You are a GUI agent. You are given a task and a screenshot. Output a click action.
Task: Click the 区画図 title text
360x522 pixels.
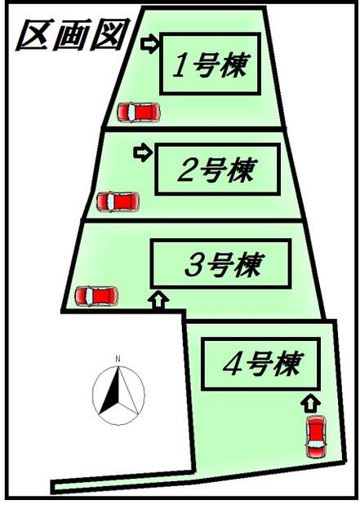pyautogui.click(x=73, y=34)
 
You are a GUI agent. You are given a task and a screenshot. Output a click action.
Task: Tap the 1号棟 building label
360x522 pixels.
pyautogui.click(x=211, y=65)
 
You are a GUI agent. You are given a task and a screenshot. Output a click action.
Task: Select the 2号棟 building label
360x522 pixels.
pyautogui.click(x=217, y=170)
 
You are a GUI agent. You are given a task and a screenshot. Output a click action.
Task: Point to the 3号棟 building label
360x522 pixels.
pyautogui.click(x=224, y=264)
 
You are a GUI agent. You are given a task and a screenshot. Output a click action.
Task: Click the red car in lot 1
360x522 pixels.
pyautogui.click(x=139, y=112)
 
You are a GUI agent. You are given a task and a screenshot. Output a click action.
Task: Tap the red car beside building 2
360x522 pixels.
pyautogui.click(x=118, y=201)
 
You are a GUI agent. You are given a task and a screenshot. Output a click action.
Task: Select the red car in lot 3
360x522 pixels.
pyautogui.click(x=96, y=296)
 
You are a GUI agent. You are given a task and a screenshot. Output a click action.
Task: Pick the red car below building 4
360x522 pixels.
pyautogui.click(x=317, y=437)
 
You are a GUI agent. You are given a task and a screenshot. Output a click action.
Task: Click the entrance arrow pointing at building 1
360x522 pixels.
pyautogui.click(x=151, y=44)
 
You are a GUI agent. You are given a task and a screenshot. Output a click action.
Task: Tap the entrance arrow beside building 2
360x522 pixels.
pyautogui.click(x=143, y=153)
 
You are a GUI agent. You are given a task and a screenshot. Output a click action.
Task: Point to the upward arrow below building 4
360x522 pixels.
pyautogui.click(x=311, y=404)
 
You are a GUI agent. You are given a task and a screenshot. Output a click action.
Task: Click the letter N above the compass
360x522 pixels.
pyautogui.click(x=118, y=359)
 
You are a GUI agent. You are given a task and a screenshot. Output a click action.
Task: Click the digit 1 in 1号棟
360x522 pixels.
pyautogui.click(x=180, y=66)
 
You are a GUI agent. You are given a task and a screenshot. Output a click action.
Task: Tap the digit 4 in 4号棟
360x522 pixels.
pyautogui.click(x=232, y=365)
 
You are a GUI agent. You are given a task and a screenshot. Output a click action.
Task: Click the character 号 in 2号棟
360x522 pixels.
pyautogui.click(x=211, y=170)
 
